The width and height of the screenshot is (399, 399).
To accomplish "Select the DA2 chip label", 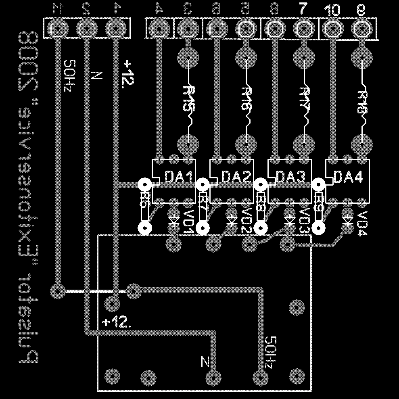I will (237, 177).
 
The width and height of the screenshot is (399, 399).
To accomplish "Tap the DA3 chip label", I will (293, 177).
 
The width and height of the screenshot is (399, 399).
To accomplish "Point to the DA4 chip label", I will (349, 177).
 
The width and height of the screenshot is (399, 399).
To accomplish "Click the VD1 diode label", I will (188, 221).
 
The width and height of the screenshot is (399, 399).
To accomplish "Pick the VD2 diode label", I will (246, 221).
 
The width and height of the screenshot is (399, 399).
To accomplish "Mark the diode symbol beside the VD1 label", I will (174, 220).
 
